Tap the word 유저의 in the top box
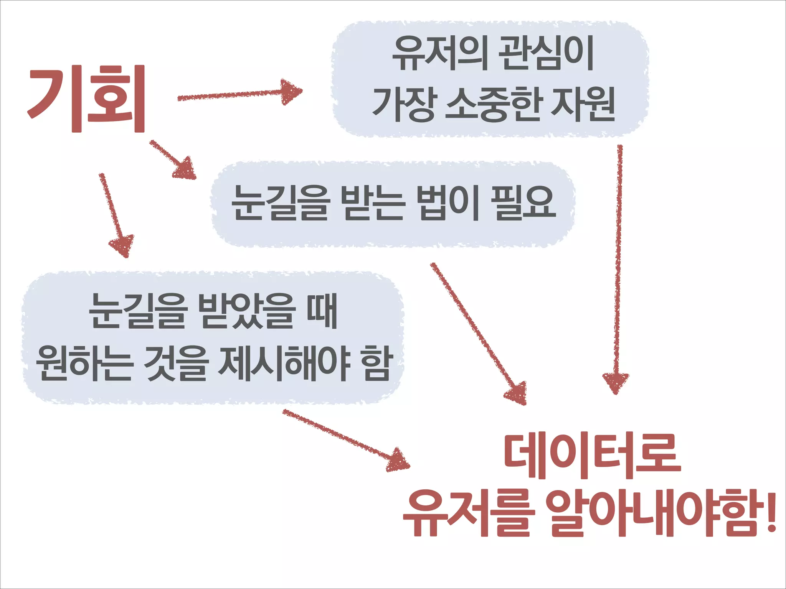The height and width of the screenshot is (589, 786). [x=440, y=54]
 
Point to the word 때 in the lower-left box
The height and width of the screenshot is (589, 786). [x=322, y=311]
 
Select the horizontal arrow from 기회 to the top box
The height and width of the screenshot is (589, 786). [x=239, y=93]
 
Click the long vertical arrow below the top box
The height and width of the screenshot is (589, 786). [x=618, y=268]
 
